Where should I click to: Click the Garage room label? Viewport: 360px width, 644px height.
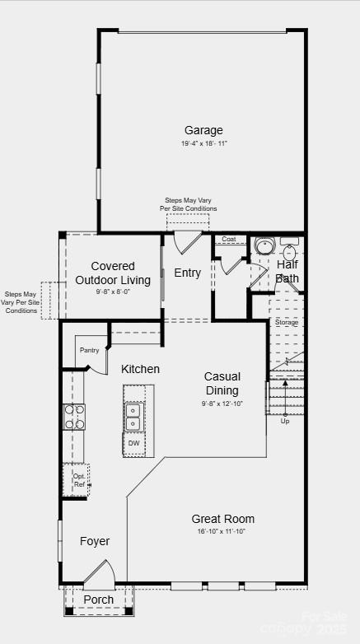point(203,130)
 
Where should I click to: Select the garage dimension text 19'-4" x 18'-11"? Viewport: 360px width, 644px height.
point(203,143)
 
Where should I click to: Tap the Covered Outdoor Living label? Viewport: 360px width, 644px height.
point(113,273)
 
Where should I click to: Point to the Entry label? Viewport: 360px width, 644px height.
point(187,273)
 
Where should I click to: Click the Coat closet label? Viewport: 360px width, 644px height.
point(229,240)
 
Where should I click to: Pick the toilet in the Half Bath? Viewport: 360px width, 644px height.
point(264,245)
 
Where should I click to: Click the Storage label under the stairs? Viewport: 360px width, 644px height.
point(287,322)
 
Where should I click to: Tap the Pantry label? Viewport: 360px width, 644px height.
point(90,350)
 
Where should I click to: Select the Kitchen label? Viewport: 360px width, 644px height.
point(141,369)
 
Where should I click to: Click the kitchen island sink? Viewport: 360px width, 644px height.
point(133,417)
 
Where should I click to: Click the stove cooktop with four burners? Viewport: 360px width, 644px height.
point(73,417)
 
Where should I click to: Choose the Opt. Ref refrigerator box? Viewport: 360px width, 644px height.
point(78,480)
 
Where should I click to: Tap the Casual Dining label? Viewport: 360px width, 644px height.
point(222,383)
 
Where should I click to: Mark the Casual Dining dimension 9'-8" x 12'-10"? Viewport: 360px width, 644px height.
point(222,404)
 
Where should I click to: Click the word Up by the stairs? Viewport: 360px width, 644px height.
point(286,421)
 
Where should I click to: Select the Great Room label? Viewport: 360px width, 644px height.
point(222,519)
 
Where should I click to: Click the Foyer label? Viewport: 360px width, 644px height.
point(95,541)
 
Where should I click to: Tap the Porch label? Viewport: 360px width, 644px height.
point(99,600)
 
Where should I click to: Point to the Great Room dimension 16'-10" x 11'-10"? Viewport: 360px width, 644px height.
point(222,531)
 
